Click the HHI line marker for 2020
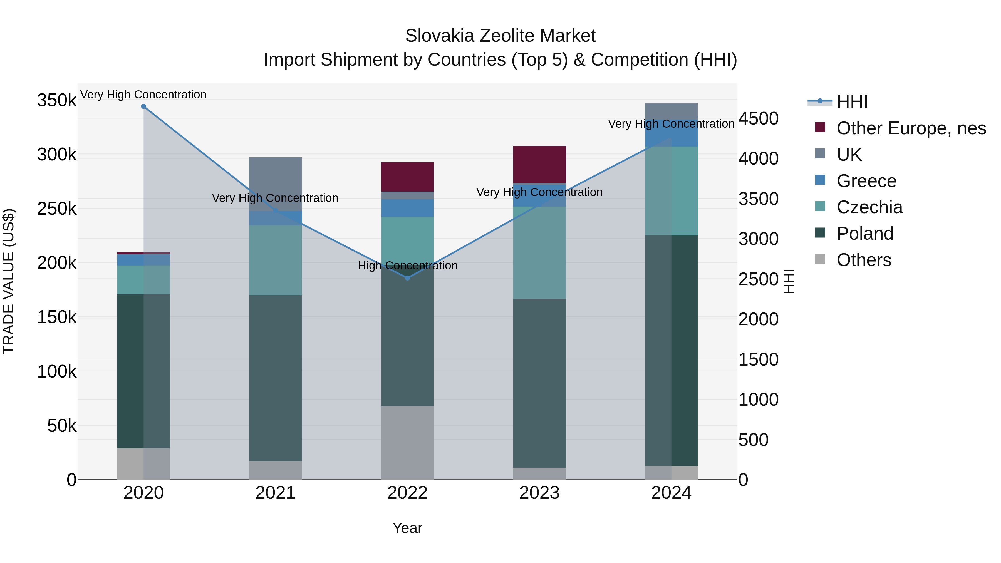[143, 106]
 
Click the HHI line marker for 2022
[407, 278]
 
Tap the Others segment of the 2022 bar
[407, 443]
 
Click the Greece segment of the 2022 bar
[407, 208]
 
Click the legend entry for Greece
[866, 181]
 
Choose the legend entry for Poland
[864, 234]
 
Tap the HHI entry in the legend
[851, 102]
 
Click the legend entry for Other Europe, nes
[911, 128]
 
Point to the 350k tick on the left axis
[57, 100]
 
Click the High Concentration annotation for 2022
[407, 266]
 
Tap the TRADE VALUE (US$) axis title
[9, 281]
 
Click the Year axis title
[407, 528]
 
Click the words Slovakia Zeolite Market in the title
[500, 36]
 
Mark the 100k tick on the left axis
[57, 372]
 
